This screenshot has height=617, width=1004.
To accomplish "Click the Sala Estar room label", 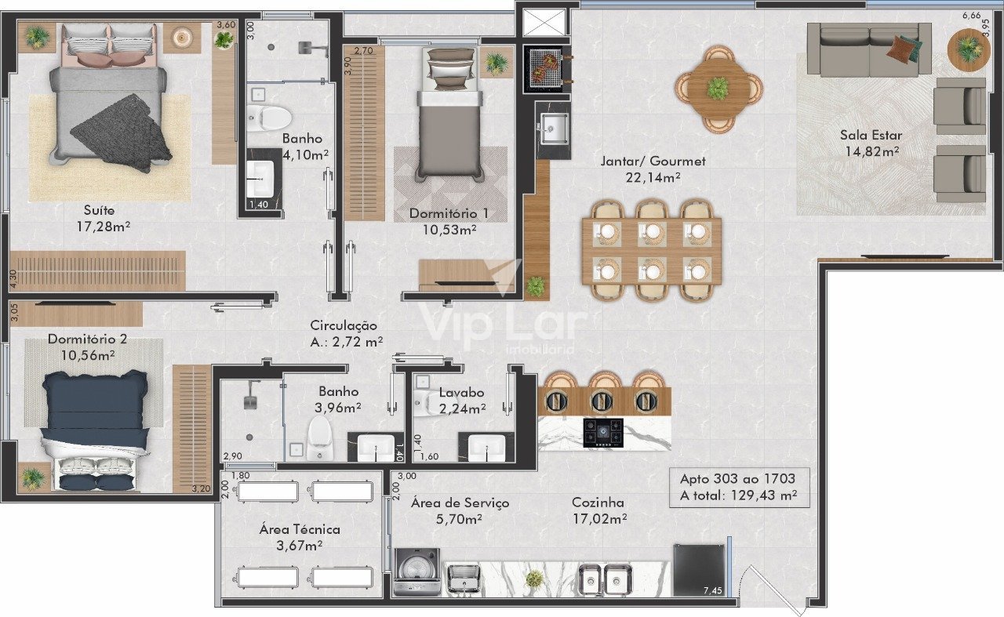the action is pyautogui.click(x=871, y=135).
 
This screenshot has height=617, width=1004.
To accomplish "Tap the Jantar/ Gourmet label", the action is pyautogui.click(x=653, y=162).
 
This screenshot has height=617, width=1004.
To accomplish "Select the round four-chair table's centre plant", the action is pyautogui.click(x=718, y=89).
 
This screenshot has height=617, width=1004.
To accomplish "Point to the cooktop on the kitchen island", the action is pyautogui.click(x=603, y=433).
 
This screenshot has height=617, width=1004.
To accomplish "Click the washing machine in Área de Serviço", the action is pyautogui.click(x=417, y=572).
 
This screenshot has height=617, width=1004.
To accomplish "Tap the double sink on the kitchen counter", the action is pyautogui.click(x=605, y=580).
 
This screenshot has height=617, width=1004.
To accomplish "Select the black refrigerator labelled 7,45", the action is pyautogui.click(x=699, y=571).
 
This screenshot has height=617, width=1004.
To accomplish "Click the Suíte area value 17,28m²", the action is pyautogui.click(x=104, y=227).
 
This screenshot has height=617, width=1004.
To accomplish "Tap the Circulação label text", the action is pyautogui.click(x=344, y=325).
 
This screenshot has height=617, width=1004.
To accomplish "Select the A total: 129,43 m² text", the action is pyautogui.click(x=739, y=495).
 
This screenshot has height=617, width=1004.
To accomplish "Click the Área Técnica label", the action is pyautogui.click(x=300, y=529).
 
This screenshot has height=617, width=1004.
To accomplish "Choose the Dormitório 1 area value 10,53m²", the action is pyautogui.click(x=449, y=230).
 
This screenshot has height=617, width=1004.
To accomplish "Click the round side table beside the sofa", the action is pyautogui.click(x=969, y=49).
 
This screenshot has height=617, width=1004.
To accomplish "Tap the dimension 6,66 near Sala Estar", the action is pyautogui.click(x=971, y=15).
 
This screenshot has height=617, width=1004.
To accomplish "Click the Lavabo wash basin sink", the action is pyautogui.click(x=486, y=447).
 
